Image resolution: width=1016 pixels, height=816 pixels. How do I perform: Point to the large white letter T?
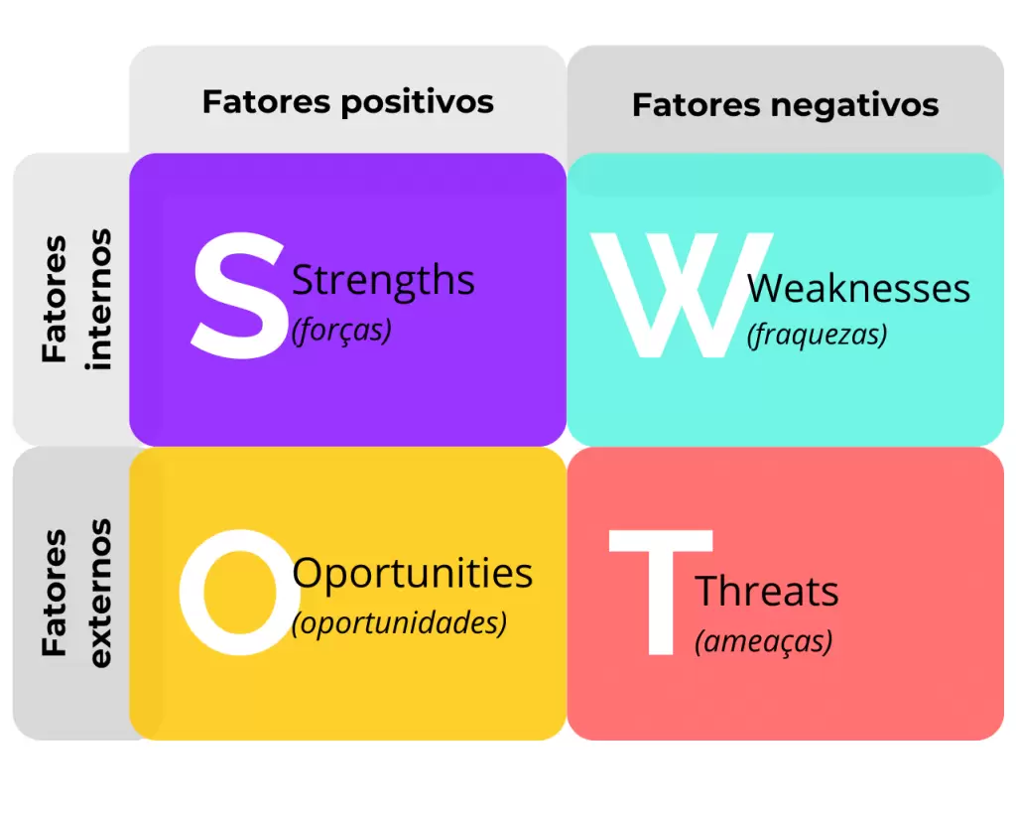(661, 593)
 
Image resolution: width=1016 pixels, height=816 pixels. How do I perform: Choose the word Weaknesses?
(858, 289)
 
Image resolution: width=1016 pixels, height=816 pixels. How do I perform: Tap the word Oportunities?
(412, 574)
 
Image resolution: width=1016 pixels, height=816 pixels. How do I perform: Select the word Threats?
(767, 591)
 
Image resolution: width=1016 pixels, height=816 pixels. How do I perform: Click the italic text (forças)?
(341, 331)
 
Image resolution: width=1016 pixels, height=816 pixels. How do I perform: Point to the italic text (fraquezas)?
(818, 336)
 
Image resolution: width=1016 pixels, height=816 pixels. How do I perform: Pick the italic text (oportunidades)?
(399, 622)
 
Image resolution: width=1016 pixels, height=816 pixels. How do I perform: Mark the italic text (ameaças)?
(763, 641)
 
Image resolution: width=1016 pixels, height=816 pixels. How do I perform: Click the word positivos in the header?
(418, 103)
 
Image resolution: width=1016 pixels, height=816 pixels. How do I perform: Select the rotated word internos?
(98, 299)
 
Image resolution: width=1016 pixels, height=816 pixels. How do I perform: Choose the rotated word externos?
(98, 593)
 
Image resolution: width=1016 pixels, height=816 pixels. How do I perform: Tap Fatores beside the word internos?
(54, 299)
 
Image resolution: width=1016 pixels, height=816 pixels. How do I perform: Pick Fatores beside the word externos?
(54, 593)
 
